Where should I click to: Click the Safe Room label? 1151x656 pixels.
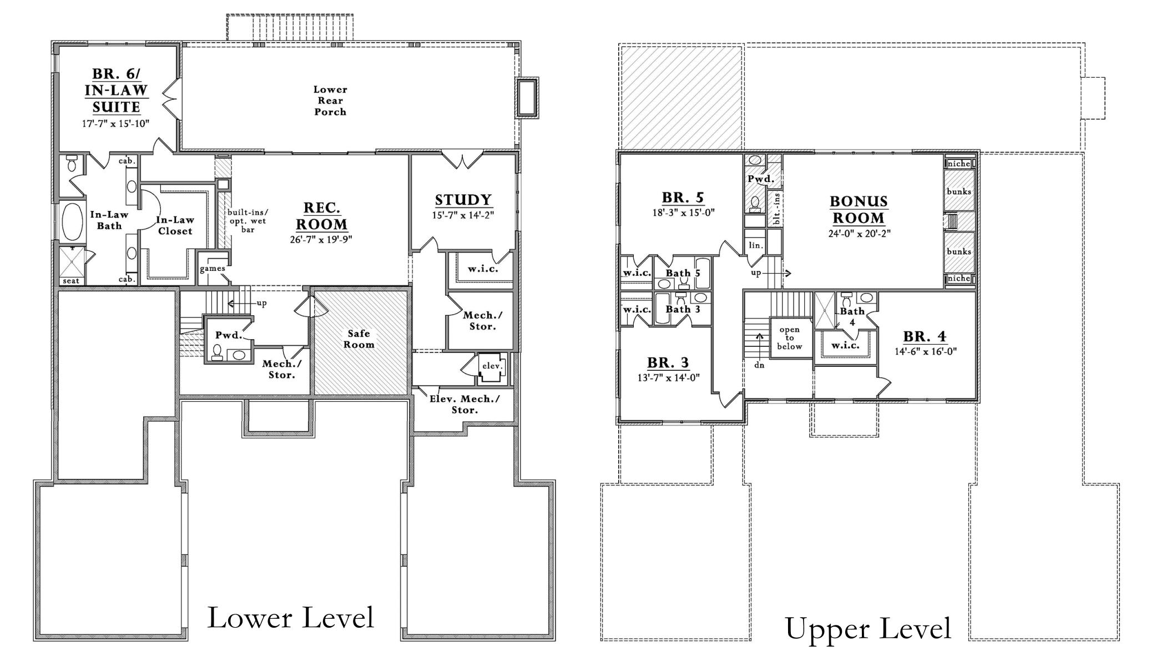click(x=359, y=339)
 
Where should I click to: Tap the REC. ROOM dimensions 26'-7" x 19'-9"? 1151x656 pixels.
click(x=321, y=240)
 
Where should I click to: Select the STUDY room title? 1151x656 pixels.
click(x=463, y=200)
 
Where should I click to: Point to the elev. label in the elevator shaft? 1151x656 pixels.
click(x=492, y=366)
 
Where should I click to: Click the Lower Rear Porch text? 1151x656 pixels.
click(x=330, y=100)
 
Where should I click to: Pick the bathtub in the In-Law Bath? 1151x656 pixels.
click(x=71, y=221)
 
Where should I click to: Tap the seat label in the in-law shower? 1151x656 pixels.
click(x=70, y=281)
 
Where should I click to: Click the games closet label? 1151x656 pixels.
click(x=213, y=269)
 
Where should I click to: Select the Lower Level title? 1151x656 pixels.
click(x=291, y=618)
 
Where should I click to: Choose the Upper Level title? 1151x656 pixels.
click(x=868, y=628)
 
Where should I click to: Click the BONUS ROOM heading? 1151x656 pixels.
click(x=859, y=209)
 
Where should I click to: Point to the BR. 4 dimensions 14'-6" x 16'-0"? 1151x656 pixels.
click(x=926, y=351)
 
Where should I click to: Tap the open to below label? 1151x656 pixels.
click(x=789, y=338)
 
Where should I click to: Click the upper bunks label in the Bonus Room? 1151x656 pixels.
click(x=959, y=191)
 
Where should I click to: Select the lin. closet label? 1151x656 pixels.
click(x=755, y=245)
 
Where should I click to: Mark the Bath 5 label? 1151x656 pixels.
click(x=683, y=273)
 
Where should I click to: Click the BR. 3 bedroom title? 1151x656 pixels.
click(x=668, y=363)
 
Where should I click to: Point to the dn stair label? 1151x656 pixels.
click(x=759, y=365)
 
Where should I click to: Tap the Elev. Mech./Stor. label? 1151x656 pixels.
click(x=465, y=405)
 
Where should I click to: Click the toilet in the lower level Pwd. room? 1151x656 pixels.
click(x=217, y=352)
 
